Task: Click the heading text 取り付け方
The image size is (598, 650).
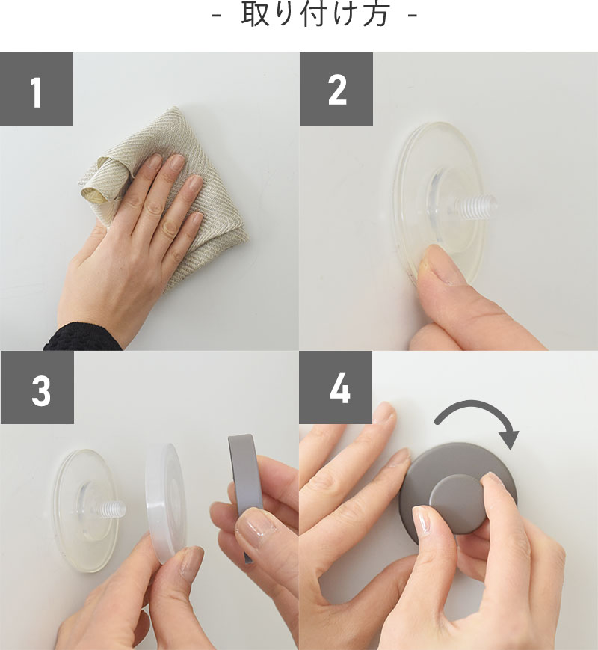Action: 315,15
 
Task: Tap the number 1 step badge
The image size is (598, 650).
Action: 37,89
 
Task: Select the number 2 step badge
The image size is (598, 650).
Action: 336,89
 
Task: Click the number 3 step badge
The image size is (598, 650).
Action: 37,387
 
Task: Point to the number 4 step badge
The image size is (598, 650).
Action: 336,387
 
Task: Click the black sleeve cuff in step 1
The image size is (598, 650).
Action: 83,337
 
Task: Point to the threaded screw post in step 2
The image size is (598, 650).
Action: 475,206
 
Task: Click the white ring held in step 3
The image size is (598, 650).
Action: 165,502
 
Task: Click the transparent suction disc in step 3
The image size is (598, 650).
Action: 86,511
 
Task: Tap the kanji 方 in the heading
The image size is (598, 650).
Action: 376,15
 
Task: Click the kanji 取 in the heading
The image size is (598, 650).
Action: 253,15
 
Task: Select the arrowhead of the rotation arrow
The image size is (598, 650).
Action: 508,439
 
